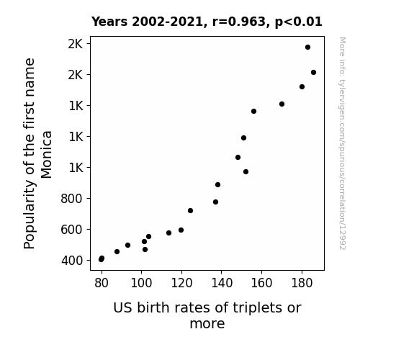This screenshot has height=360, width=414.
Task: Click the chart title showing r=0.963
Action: (x=207, y=22)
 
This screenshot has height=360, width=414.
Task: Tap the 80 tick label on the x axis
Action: (x=102, y=283)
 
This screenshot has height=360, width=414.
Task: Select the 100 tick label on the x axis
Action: (x=141, y=283)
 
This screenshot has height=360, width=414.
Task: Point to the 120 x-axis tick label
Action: (x=181, y=283)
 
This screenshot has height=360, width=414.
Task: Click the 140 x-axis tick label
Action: (x=222, y=283)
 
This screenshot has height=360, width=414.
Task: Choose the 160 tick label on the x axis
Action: (x=261, y=283)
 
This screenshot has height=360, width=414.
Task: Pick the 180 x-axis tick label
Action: (x=302, y=283)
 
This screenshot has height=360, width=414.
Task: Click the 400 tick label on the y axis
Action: (x=72, y=261)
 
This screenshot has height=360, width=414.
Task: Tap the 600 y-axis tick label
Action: (x=72, y=230)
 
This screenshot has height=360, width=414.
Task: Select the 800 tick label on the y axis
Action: (x=72, y=199)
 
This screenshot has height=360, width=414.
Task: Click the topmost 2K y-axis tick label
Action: (x=76, y=44)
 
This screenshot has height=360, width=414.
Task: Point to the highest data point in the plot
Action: (x=307, y=48)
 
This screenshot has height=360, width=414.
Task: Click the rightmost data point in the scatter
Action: (x=313, y=73)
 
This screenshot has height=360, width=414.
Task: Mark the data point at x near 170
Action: (x=282, y=104)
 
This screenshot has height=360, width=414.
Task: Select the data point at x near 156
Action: (x=253, y=111)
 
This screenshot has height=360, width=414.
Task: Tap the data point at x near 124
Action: (x=190, y=210)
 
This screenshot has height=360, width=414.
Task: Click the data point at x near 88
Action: (x=117, y=252)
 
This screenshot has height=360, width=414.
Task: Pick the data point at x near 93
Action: (x=127, y=245)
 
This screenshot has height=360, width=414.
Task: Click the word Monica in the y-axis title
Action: (x=46, y=155)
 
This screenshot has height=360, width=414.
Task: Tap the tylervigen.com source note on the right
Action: (x=342, y=143)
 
